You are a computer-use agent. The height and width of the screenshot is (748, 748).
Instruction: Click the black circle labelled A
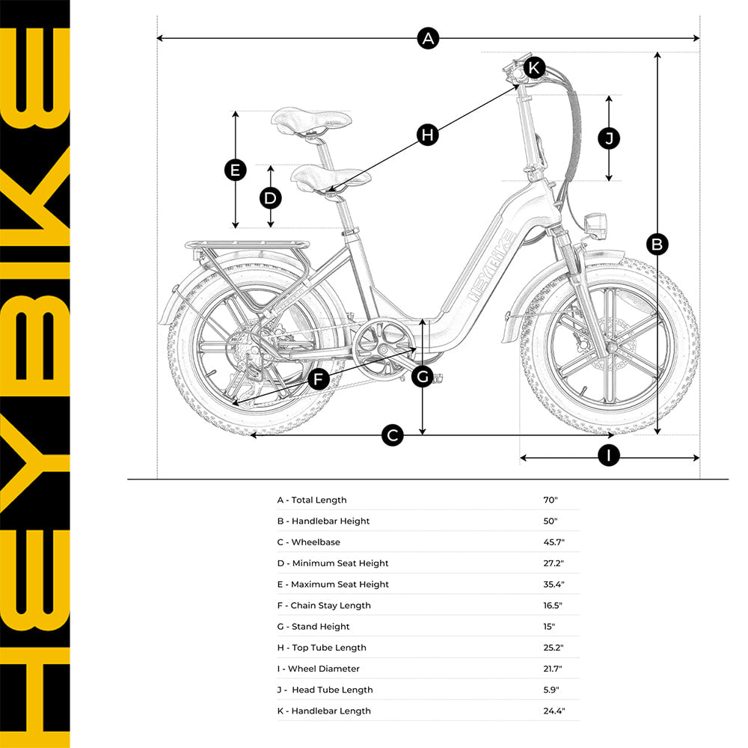click(x=427, y=38)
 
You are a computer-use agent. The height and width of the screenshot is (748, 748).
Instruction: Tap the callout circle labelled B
click(x=657, y=244)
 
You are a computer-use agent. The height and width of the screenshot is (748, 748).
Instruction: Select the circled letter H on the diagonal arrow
click(x=427, y=135)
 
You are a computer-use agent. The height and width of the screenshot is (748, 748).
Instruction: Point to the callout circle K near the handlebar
click(x=533, y=67)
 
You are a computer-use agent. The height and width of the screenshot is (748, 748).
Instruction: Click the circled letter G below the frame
click(x=423, y=377)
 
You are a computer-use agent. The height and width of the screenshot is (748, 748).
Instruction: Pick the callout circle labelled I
click(x=609, y=456)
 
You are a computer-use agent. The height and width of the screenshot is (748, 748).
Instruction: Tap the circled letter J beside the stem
click(x=609, y=138)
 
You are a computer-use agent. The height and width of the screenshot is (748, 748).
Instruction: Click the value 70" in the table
click(x=551, y=500)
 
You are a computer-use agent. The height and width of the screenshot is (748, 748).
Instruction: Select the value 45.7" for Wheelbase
click(x=554, y=542)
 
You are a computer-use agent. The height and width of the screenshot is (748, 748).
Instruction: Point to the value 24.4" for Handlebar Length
click(x=554, y=711)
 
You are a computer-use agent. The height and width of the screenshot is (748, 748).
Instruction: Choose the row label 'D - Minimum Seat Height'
click(x=333, y=563)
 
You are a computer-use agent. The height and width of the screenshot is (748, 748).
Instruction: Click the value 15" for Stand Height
click(x=550, y=626)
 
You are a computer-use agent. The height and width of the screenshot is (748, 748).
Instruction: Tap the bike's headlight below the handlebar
click(x=596, y=225)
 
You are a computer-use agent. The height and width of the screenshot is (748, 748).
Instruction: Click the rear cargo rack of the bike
click(x=247, y=245)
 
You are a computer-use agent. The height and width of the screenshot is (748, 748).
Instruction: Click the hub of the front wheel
click(x=611, y=349)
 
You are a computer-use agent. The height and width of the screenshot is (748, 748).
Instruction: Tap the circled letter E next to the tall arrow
click(x=236, y=171)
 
